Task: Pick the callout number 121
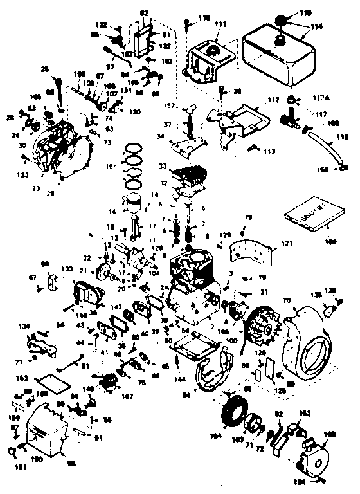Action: coord(286,244)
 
